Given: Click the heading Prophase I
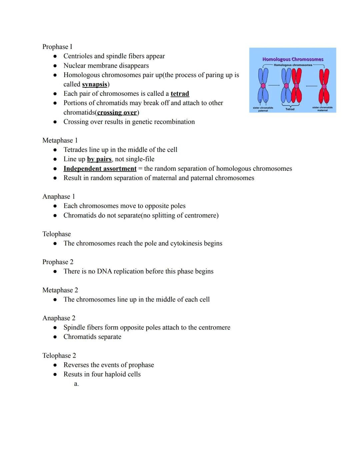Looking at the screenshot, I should point(57,47).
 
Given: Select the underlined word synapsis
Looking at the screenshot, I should point(95,84).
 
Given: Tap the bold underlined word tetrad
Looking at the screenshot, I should point(180,94).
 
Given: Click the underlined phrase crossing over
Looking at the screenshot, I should point(117,112).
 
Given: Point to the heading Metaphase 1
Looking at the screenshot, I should point(60,140).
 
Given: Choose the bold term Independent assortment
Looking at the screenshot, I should point(100,169).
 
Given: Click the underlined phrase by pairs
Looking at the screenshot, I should point(99,159).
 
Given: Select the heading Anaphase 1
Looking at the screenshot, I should point(59,196).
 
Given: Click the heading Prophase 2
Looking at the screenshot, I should point(58,262).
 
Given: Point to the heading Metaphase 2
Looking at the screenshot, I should point(60,290).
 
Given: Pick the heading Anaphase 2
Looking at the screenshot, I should point(59,318).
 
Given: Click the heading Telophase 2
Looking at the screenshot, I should point(59,356).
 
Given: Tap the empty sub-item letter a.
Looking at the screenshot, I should point(76,384).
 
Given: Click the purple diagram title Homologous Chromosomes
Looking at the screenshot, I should point(293,59).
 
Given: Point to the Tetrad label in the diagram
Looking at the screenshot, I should point(290,109).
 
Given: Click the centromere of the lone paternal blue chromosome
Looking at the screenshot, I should point(263,86).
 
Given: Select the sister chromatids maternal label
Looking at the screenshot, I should point(322,109).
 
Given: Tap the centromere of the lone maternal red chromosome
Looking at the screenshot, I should point(324,86).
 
